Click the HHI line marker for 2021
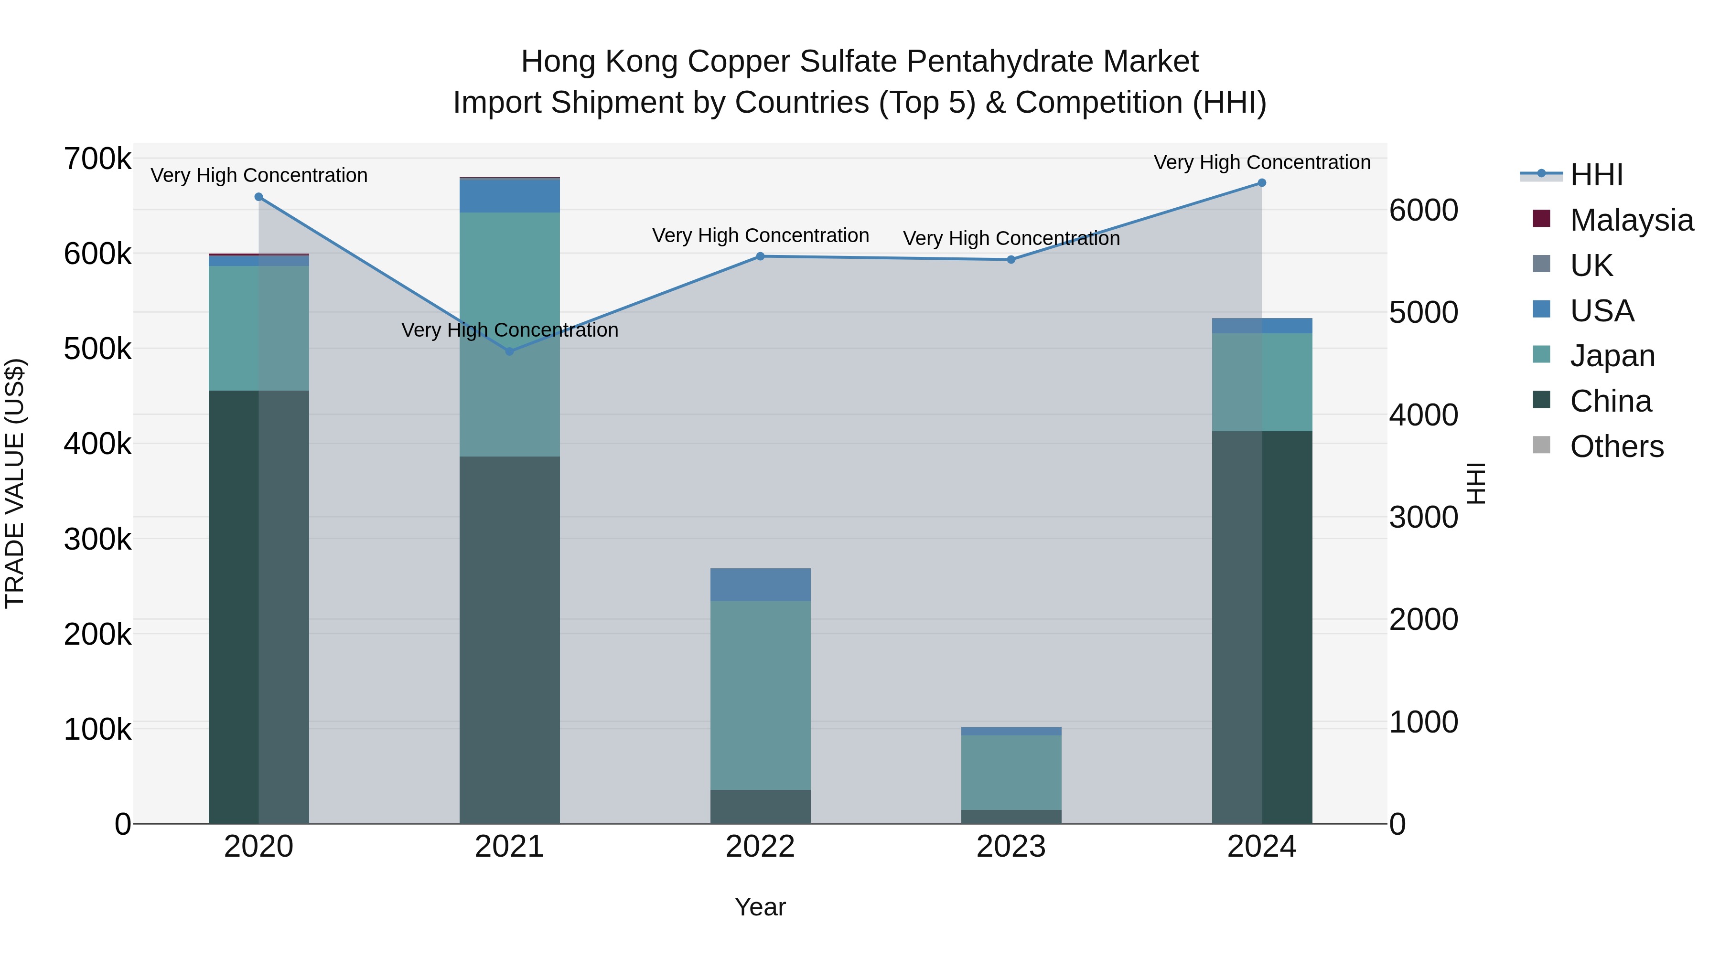click(x=509, y=351)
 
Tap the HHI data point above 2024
click(x=1261, y=183)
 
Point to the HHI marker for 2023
click(x=1011, y=260)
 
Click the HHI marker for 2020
click(x=259, y=197)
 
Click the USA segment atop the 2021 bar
click(x=509, y=196)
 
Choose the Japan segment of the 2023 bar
click(x=1011, y=772)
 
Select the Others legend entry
click(x=1616, y=446)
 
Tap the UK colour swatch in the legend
click(x=1542, y=264)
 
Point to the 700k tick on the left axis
click(x=97, y=159)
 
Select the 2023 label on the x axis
click(x=1011, y=847)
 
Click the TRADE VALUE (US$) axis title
click(x=15, y=483)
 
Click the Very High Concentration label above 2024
click(x=1261, y=162)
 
